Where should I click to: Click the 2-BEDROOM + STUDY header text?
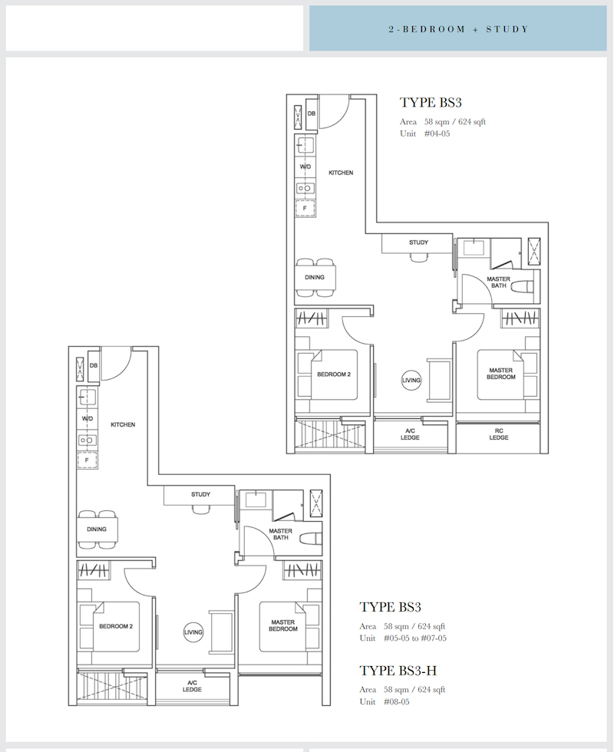[x=458, y=29]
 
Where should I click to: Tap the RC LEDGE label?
[x=499, y=434]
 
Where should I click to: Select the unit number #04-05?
[x=437, y=134]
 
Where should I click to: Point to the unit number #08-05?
[x=396, y=701]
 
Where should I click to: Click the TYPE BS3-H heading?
[x=398, y=671]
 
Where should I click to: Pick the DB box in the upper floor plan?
[x=312, y=114]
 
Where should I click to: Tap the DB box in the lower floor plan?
[x=94, y=365]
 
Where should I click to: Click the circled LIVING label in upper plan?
[x=411, y=381]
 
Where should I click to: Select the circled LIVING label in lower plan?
[x=193, y=632]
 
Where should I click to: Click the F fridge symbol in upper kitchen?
[x=305, y=208]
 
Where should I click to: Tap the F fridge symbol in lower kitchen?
[x=87, y=460]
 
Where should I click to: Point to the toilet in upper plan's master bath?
[x=522, y=287]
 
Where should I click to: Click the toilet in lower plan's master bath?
[x=310, y=539]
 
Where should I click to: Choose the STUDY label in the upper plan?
[x=419, y=242]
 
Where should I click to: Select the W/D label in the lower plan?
[x=87, y=419]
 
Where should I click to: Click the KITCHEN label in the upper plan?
[x=341, y=173]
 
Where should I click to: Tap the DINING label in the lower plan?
[x=97, y=529]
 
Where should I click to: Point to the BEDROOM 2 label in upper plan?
[x=334, y=374]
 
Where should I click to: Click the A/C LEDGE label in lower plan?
[x=192, y=686]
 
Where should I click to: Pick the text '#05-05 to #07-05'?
[x=415, y=638]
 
